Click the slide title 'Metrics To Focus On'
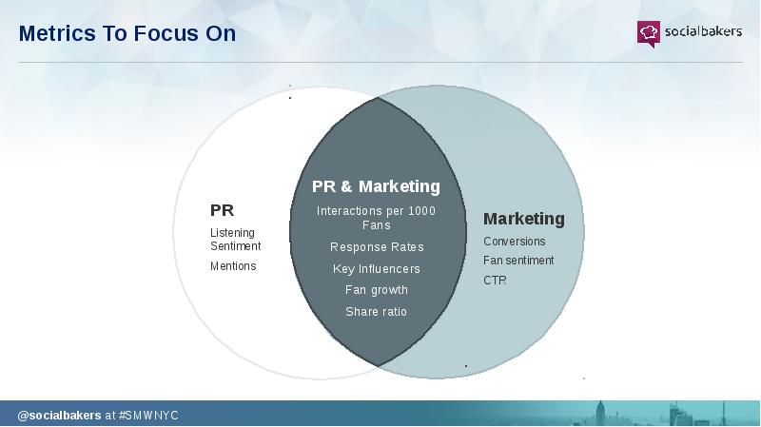click(x=127, y=33)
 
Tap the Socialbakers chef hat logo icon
click(x=649, y=33)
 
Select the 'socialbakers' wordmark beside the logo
click(x=703, y=31)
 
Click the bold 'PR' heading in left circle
click(x=222, y=210)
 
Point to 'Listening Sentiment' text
click(x=235, y=240)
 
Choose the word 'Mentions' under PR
click(x=233, y=266)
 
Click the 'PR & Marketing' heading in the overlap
click(x=376, y=186)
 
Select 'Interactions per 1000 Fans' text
click(x=376, y=218)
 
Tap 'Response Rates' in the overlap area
click(x=377, y=247)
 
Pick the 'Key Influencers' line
click(x=376, y=269)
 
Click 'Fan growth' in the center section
click(x=376, y=290)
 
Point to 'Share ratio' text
click(x=376, y=312)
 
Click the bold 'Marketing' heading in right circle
click(x=524, y=219)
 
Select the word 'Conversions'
click(x=514, y=242)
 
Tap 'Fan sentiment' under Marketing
click(x=518, y=261)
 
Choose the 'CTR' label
click(x=495, y=281)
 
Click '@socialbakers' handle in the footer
click(x=59, y=416)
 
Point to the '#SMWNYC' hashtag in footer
click(x=148, y=416)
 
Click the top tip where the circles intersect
click(x=378, y=98)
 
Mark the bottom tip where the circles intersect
click(x=378, y=366)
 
